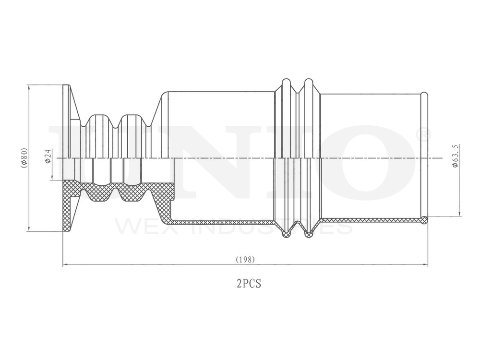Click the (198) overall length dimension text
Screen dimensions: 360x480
[x=245, y=259]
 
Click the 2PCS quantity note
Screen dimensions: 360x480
[x=249, y=284]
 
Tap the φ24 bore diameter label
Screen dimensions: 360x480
[x=48, y=156]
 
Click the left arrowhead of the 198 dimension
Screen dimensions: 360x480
[x=65, y=264]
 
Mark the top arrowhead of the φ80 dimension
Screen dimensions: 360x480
[x=29, y=87]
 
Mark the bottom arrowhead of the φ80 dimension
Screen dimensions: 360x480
[x=29, y=229]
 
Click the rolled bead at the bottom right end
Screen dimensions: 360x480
[x=424, y=220]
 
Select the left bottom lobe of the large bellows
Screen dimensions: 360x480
[x=286, y=234]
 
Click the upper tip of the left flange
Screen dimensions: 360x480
[x=66, y=86]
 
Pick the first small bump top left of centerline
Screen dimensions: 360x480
[x=99, y=116]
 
